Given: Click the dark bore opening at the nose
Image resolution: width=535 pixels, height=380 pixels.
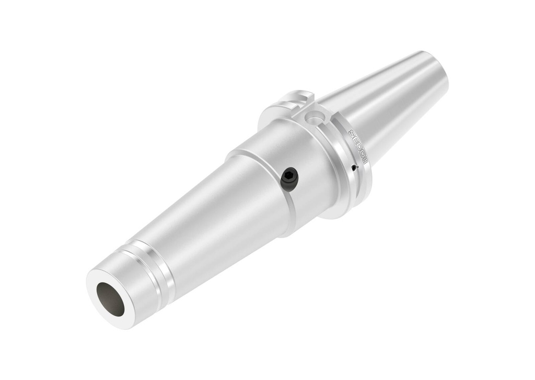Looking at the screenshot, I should [x=110, y=299].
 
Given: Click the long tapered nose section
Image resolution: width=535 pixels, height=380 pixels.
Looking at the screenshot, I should [x=209, y=220].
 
